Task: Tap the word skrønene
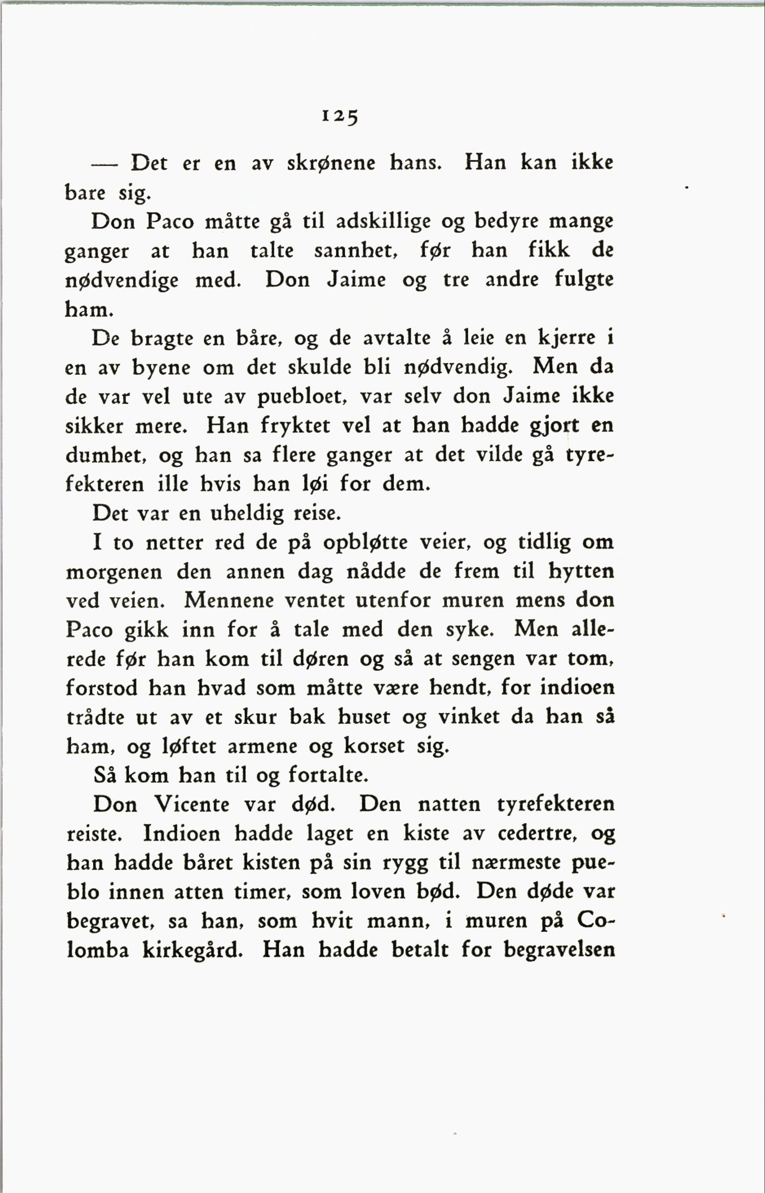pyautogui.click(x=331, y=163)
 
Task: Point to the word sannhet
pyautogui.click(x=357, y=250)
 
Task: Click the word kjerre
pyautogui.click(x=567, y=339)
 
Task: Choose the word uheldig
pyautogui.click(x=247, y=514)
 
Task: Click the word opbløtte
pyautogui.click(x=365, y=543)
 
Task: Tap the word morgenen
pyautogui.click(x=114, y=572)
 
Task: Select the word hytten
pyautogui.click(x=581, y=572)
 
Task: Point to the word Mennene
pyautogui.click(x=229, y=601)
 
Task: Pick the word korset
pyautogui.click(x=374, y=747)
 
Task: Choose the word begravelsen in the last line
pyautogui.click(x=559, y=951)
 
